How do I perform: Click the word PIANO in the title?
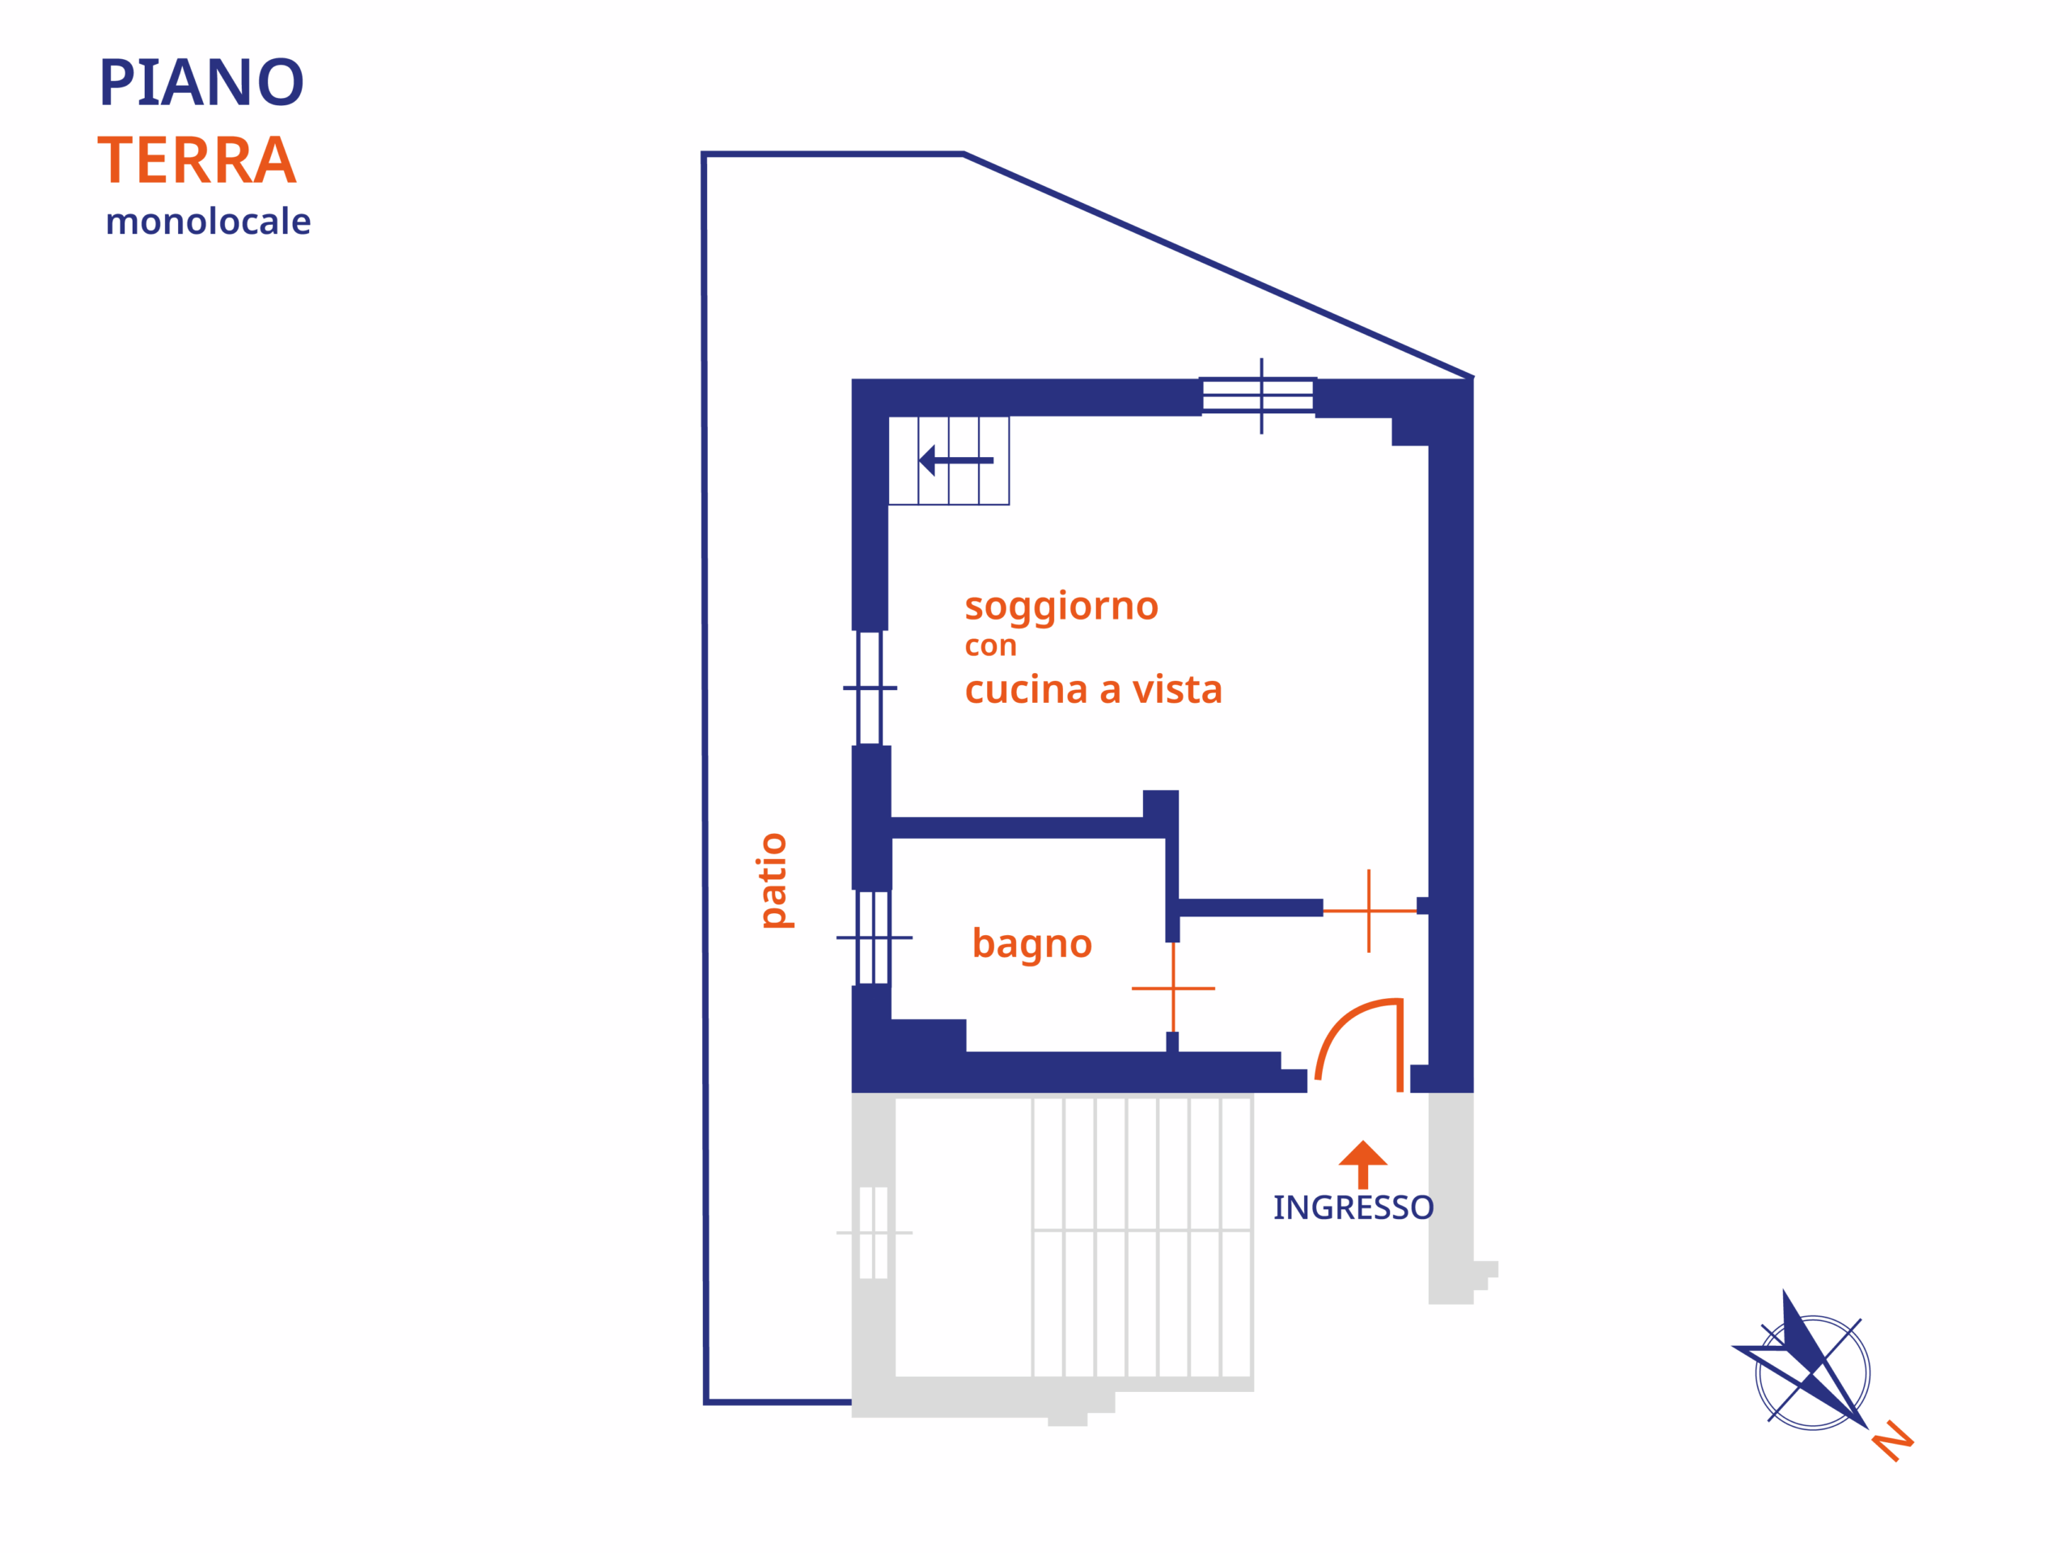pos(201,83)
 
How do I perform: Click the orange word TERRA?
pos(197,160)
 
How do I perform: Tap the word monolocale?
pos(208,222)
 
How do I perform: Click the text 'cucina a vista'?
pos(1094,690)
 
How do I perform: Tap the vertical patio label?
pos(774,881)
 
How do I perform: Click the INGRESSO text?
pos(1353,1208)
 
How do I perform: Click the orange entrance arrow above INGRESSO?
pos(1363,1165)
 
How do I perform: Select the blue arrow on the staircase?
pos(956,460)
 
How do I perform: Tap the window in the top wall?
pos(1260,395)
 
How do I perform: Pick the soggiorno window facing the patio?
pos(870,688)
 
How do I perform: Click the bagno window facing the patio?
pos(874,937)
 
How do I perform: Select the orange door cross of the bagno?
pos(1173,988)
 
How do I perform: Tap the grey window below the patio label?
pos(874,1233)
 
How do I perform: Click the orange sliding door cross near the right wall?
pos(1369,911)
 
